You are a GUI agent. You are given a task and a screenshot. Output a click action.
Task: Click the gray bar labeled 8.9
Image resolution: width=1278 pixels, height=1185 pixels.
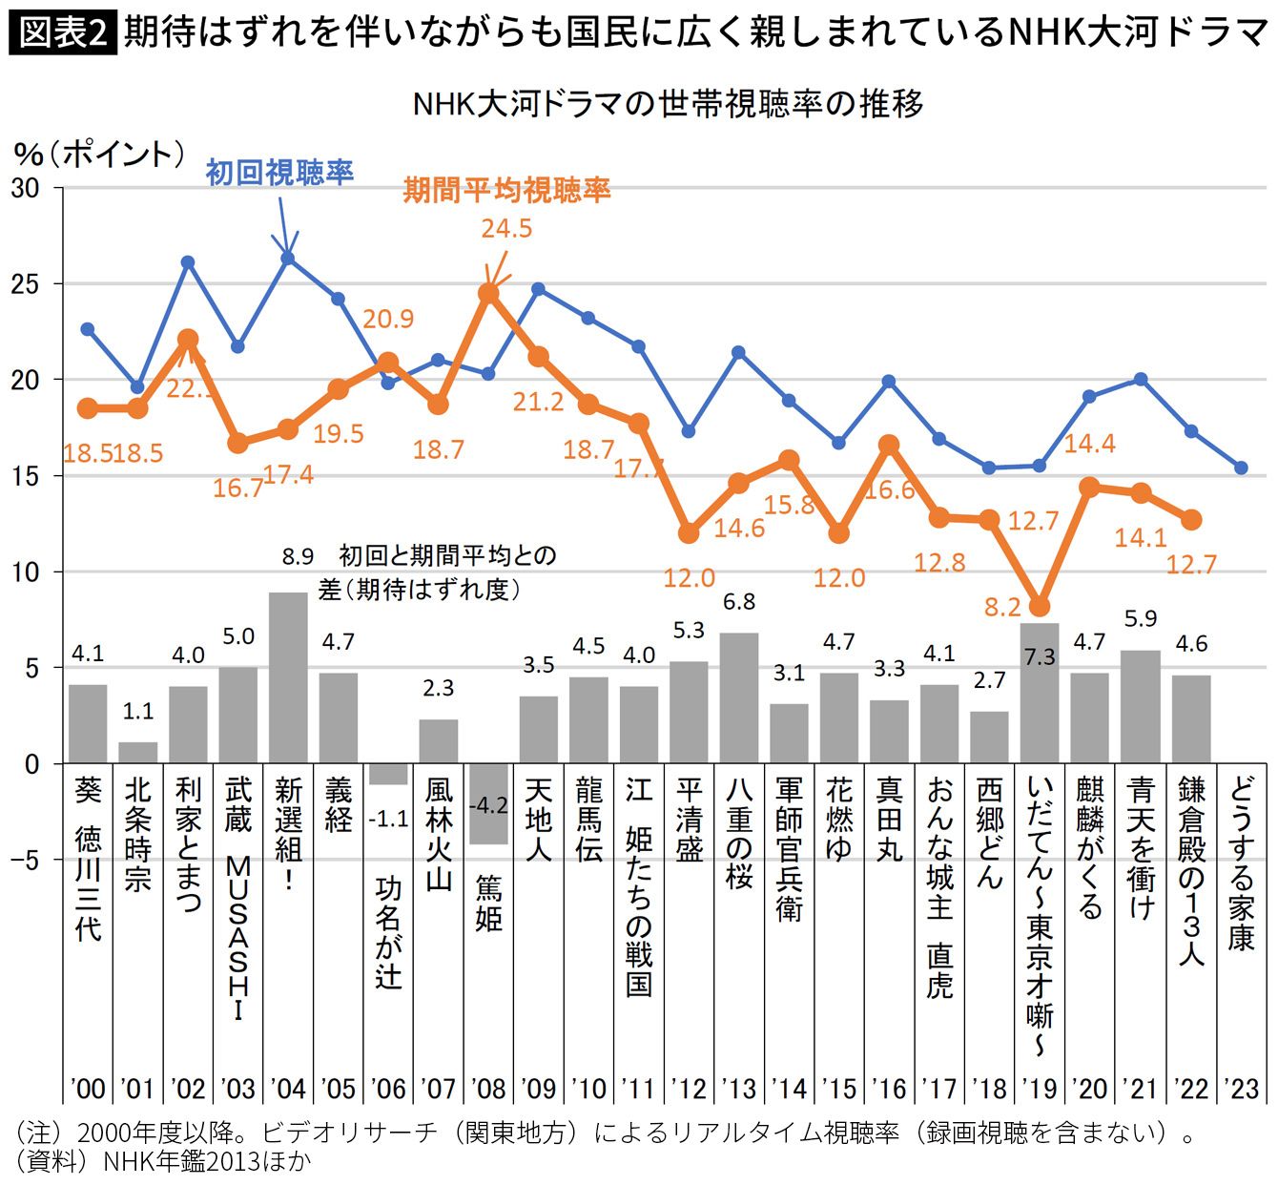288,677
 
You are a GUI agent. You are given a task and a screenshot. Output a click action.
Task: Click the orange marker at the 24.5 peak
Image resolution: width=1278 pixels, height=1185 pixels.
488,293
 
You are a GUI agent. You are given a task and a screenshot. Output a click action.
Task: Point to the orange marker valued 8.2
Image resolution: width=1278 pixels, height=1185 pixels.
1040,607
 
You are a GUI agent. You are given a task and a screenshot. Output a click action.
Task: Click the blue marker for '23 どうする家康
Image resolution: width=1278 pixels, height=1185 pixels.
1241,468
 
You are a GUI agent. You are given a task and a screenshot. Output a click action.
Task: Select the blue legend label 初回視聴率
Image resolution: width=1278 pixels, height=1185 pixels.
279,173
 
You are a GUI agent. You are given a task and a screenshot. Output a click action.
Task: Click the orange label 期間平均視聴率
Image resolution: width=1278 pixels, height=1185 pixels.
506,190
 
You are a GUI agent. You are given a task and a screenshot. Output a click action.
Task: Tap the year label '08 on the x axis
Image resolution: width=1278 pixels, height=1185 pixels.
488,1089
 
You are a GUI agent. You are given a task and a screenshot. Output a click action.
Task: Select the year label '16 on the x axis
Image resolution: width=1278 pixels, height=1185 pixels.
889,1089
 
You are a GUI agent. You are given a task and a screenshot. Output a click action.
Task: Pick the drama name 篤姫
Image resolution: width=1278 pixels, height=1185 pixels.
488,903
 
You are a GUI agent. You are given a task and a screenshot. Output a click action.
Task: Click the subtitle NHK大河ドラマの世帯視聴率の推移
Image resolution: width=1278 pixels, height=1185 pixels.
668,103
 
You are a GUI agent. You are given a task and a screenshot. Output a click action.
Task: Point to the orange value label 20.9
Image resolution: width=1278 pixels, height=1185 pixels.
388,319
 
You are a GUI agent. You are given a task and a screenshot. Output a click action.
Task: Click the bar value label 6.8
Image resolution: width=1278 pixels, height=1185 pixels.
739,602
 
